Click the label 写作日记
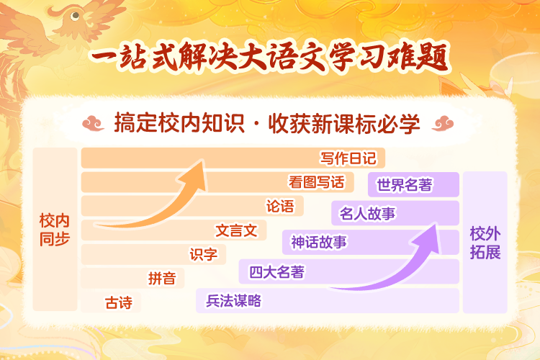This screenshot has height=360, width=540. pyautogui.click(x=348, y=158)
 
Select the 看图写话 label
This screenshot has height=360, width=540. pyautogui.click(x=316, y=182)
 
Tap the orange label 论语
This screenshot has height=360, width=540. pyautogui.click(x=280, y=206)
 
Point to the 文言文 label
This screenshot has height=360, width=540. pyautogui.click(x=236, y=230)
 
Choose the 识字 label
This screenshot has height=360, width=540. pyautogui.click(x=204, y=255)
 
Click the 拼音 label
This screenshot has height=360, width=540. pyautogui.click(x=162, y=279)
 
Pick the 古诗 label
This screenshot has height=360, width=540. pyautogui.click(x=119, y=303)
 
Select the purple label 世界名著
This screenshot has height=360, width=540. pyautogui.click(x=404, y=184)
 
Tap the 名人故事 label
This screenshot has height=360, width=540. pyautogui.click(x=367, y=213)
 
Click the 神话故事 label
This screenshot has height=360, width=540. pyautogui.click(x=319, y=242)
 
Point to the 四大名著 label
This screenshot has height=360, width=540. pyautogui.click(x=276, y=272)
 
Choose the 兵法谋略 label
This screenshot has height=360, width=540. pyautogui.click(x=233, y=301)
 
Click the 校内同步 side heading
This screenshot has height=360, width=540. pyautogui.click(x=55, y=230)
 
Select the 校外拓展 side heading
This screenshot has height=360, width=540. pyautogui.click(x=485, y=243)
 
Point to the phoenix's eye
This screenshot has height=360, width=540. pyautogui.click(x=75, y=16)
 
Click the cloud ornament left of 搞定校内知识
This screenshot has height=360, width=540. pyautogui.click(x=93, y=123)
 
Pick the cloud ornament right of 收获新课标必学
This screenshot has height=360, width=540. pyautogui.click(x=443, y=123)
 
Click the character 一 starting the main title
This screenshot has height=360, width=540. pyautogui.click(x=103, y=57)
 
